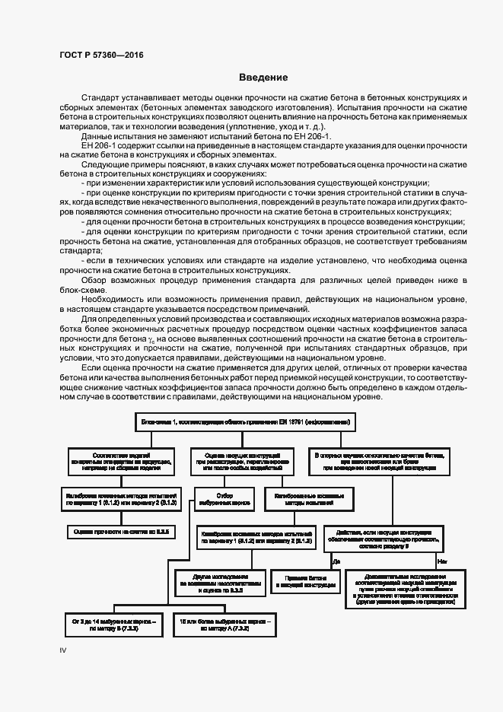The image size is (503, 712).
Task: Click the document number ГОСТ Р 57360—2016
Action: (x=100, y=56)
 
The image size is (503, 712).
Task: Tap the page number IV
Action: (x=64, y=650)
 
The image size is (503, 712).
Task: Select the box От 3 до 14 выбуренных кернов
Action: (x=113, y=626)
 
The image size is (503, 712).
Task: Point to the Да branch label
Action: (x=336, y=561)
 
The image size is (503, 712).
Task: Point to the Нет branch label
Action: (x=440, y=561)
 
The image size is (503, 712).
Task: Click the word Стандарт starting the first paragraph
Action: (x=101, y=100)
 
